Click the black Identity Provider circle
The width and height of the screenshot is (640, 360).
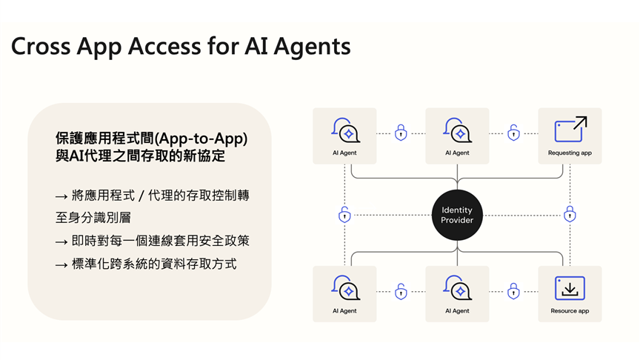(x=457, y=215)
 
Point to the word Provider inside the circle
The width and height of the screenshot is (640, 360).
(x=457, y=220)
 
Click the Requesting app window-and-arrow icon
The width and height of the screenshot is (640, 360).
(x=570, y=130)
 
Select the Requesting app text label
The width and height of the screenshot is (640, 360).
(x=570, y=153)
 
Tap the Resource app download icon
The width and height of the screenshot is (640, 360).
(x=570, y=287)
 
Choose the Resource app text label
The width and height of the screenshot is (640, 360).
(x=570, y=311)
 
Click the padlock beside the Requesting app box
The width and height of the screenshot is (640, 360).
(x=513, y=133)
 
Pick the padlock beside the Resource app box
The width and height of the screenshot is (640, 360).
(x=513, y=290)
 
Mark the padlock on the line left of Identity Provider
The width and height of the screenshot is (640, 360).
(x=344, y=215)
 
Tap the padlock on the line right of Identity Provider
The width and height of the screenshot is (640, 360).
(x=570, y=215)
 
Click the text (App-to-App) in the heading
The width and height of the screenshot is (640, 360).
(x=210, y=138)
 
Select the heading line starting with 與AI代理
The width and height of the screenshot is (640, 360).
(x=140, y=157)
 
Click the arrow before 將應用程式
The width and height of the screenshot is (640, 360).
(x=61, y=196)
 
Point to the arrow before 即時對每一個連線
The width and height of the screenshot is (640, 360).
(x=61, y=241)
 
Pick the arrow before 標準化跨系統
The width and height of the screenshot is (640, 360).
(x=61, y=264)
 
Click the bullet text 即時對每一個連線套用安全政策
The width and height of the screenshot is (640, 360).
(x=161, y=241)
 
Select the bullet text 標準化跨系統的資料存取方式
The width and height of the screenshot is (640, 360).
(x=154, y=264)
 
